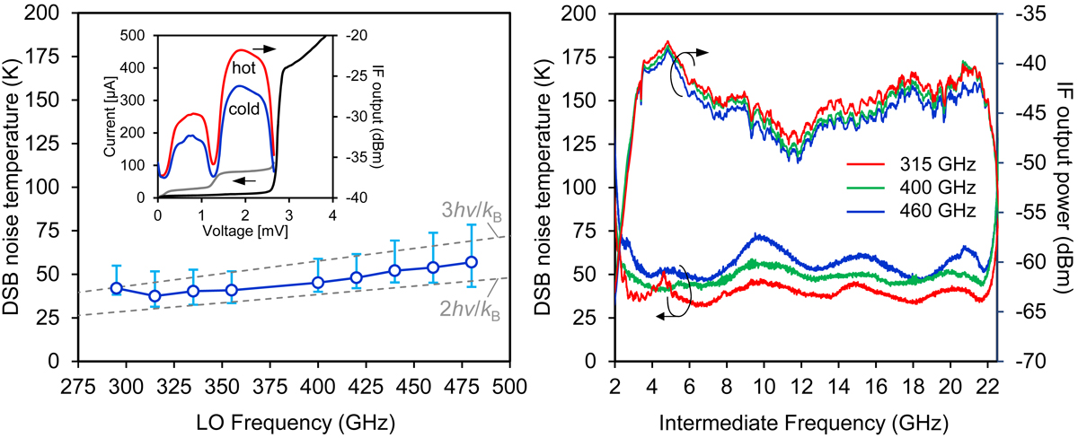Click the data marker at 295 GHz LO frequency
116,288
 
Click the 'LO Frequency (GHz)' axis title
293,421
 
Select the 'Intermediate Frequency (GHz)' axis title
807,421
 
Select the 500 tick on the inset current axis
139,35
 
